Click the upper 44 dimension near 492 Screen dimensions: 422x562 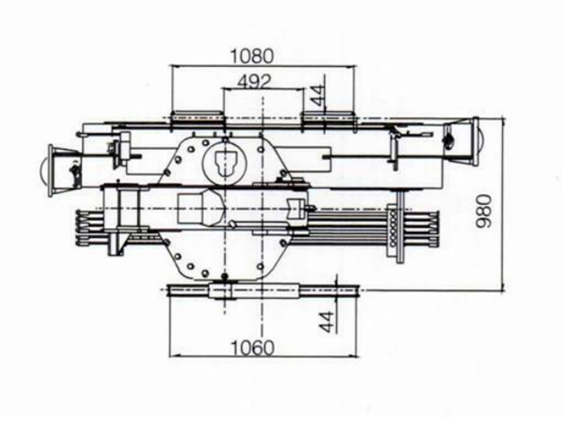click(x=320, y=96)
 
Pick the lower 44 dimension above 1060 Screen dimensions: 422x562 click(x=324, y=322)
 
